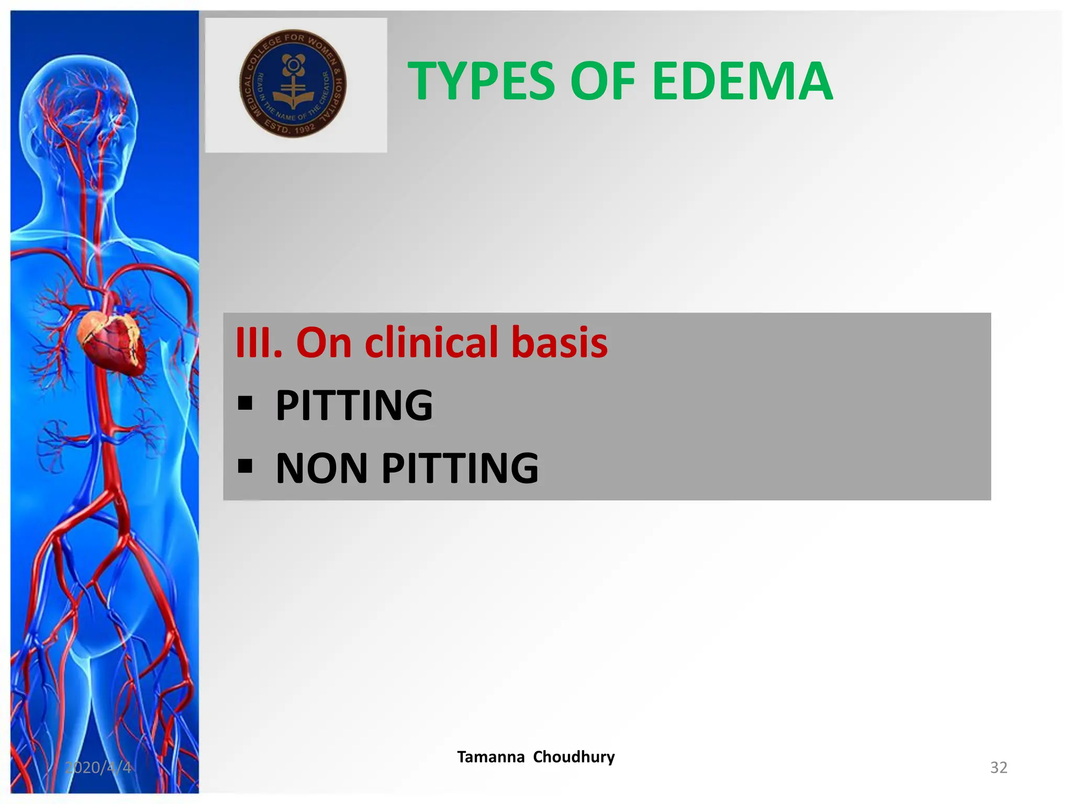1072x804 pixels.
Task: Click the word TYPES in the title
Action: (481, 81)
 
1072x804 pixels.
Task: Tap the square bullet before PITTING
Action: (245, 404)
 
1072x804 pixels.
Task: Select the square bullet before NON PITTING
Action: (245, 465)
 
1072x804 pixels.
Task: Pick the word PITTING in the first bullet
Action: (354, 406)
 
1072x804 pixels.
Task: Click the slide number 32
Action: (998, 767)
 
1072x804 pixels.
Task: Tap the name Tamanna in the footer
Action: (490, 757)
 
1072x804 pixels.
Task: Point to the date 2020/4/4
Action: (98, 767)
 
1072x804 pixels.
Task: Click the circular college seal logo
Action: (293, 84)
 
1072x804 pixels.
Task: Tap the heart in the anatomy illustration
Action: (110, 340)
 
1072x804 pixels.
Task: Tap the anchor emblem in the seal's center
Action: (293, 86)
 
